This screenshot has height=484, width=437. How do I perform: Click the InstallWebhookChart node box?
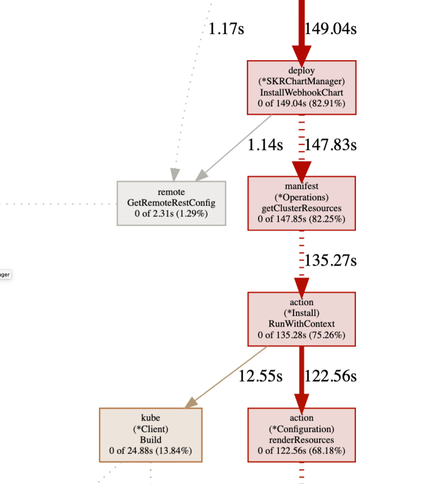[301, 88]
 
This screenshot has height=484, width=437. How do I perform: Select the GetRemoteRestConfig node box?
[171, 203]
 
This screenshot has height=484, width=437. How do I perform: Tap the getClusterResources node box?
[301, 203]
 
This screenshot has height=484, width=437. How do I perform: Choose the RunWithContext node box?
[301, 319]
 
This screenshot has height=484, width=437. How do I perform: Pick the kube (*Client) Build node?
[151, 435]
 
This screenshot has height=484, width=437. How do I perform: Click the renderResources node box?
[301, 435]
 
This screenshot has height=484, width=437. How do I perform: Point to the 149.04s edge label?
[330, 29]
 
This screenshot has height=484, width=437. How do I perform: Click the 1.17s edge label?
[226, 29]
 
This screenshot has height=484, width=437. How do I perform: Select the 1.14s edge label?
[265, 145]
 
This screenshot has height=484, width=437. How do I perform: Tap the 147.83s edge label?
[330, 145]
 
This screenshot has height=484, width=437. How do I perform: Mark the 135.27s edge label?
[330, 261]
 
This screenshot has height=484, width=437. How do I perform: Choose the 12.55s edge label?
[260, 377]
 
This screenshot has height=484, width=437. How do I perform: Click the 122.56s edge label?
[330, 377]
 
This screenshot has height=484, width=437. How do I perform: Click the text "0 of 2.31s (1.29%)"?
[171, 214]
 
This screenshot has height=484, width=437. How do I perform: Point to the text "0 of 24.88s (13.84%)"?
[151, 451]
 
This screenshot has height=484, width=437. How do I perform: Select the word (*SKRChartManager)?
[301, 81]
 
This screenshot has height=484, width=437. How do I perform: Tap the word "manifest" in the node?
[301, 186]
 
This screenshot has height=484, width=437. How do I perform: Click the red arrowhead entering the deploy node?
[301, 52]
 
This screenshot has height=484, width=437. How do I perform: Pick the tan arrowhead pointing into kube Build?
[191, 402]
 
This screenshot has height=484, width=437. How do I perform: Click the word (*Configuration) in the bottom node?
[301, 429]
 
